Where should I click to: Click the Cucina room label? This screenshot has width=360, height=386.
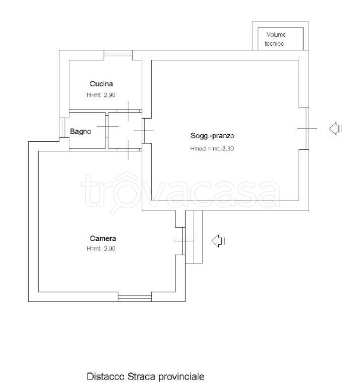tap(101, 84)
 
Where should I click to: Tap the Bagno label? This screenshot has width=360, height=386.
tap(80, 132)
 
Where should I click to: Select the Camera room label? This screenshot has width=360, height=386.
tap(103, 238)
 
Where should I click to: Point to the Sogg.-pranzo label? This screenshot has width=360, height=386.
tap(212, 136)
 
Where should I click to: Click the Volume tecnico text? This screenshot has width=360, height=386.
tap(276, 39)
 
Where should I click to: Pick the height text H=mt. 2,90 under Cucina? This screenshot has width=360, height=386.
tap(101, 95)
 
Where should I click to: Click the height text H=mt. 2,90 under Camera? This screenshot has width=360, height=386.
tap(101, 249)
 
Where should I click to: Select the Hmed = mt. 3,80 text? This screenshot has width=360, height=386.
tap(212, 149)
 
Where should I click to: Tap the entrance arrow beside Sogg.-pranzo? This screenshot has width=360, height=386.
tap(335, 129)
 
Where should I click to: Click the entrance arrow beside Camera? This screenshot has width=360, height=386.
tap(218, 241)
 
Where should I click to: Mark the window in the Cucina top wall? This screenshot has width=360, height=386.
tap(118, 53)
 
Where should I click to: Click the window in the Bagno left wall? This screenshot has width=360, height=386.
tap(62, 128)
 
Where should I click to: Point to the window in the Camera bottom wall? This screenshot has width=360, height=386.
tap(135, 299)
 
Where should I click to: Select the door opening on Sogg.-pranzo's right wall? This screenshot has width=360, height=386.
tap(307, 129)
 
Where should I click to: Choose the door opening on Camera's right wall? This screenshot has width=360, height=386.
tap(184, 241)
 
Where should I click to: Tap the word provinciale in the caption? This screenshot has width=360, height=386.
tap(181, 377)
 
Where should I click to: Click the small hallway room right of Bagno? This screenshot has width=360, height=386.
tap(125, 131)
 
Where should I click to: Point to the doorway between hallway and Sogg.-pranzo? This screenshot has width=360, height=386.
tap(143, 131)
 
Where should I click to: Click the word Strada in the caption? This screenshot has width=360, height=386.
tap(141, 376)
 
